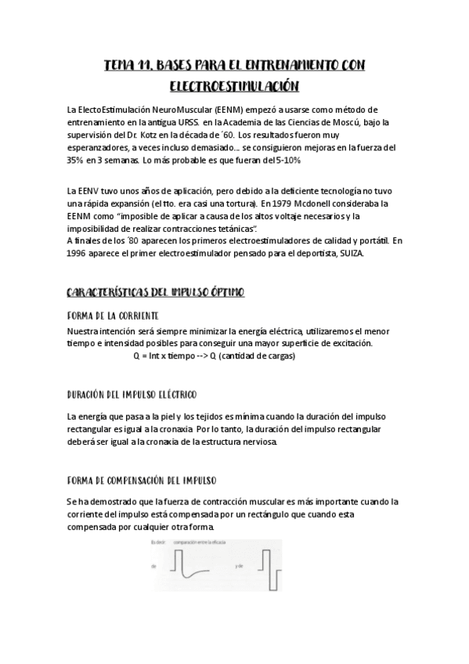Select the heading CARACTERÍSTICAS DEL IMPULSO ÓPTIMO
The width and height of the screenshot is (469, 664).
[156, 292]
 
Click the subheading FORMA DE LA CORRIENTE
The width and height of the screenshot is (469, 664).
[114, 315]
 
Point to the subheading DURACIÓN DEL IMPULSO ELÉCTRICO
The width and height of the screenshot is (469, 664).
[132, 394]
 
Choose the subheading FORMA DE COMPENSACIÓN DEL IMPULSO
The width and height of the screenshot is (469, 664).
[142, 479]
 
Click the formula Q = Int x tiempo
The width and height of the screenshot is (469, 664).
[163, 355]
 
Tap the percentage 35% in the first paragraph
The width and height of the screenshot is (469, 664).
[78, 160]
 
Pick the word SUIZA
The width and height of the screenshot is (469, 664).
[349, 254]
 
